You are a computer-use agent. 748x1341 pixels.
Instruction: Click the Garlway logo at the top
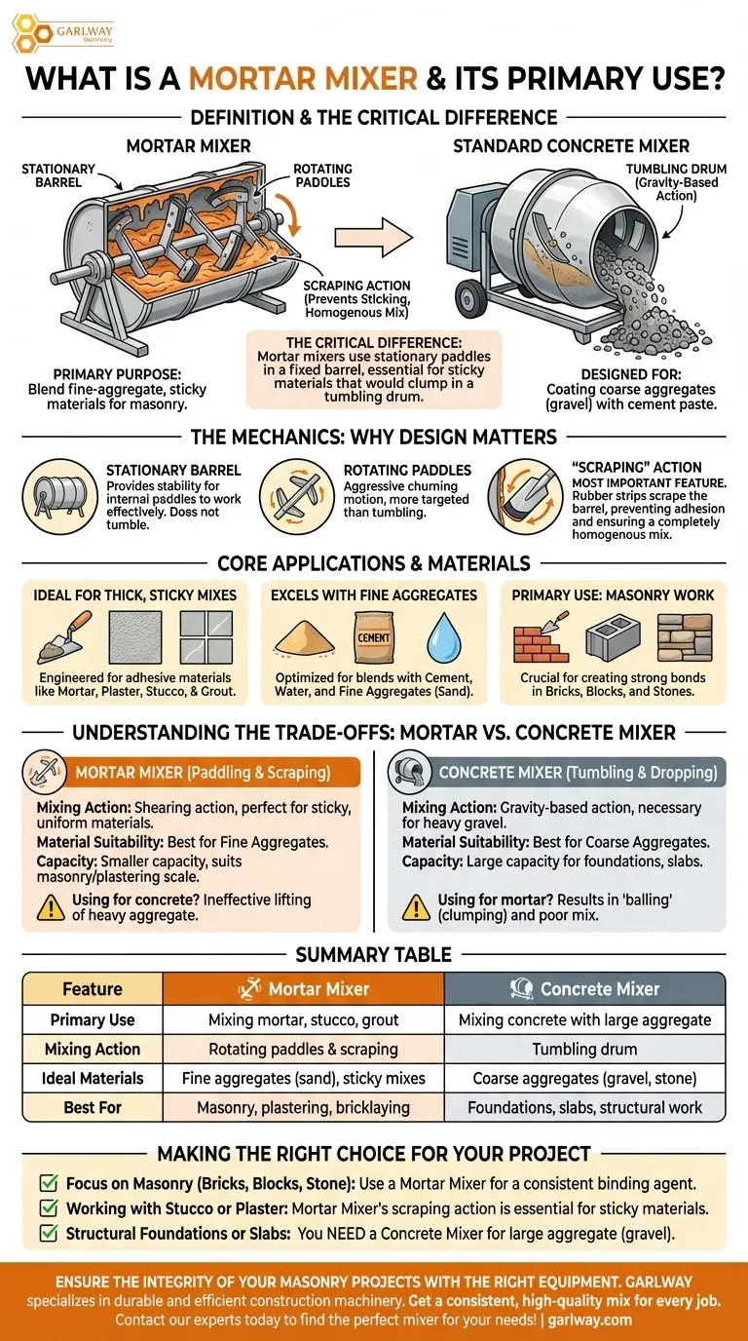coord(63,33)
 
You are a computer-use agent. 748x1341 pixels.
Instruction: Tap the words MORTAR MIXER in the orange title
coord(304,79)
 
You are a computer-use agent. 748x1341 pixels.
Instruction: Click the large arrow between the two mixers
coord(373,237)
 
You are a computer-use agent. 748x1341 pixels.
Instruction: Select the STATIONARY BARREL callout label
coord(58,175)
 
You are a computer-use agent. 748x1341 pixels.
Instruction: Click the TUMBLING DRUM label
coord(676,182)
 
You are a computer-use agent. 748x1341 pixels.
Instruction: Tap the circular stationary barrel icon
coord(59,496)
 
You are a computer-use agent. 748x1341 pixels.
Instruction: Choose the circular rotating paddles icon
coord(297,496)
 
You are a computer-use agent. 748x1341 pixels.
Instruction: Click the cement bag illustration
coord(374,637)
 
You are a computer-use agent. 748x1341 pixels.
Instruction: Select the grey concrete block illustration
coord(614,638)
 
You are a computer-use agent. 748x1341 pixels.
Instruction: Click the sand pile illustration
coord(304,638)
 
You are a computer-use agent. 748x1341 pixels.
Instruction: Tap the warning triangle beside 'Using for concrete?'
coord(51,907)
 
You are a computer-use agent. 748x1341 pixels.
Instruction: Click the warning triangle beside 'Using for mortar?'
coord(416,907)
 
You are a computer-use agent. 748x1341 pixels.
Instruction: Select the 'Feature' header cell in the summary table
coord(93,988)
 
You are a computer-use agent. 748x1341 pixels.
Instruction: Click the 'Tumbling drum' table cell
coord(584,1049)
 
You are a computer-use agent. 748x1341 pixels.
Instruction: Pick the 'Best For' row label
coord(93,1107)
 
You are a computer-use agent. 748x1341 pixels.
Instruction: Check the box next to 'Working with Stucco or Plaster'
coord(49,1208)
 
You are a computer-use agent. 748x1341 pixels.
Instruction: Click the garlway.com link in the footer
coord(589,1320)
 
